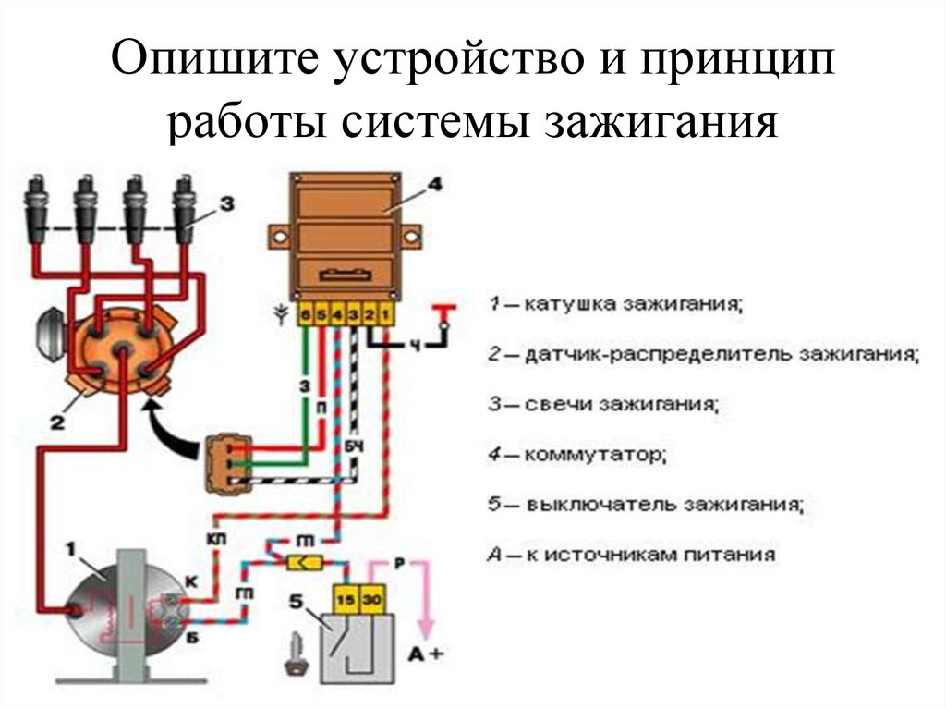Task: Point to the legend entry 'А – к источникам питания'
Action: pyautogui.click(x=629, y=556)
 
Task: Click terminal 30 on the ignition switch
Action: pyautogui.click(x=370, y=599)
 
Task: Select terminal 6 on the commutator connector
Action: pyautogui.click(x=305, y=314)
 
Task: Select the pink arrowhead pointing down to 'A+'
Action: pyautogui.click(x=425, y=630)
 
